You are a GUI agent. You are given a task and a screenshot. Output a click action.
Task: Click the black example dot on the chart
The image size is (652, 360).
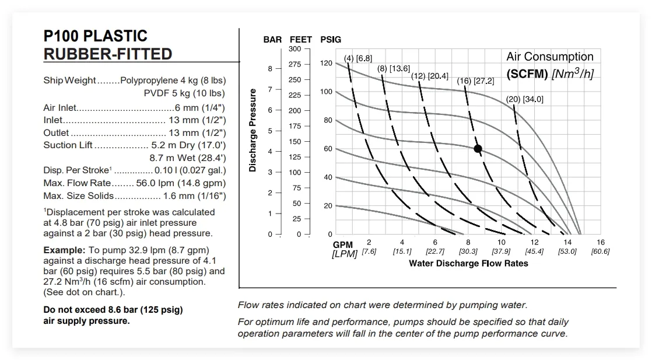point(478,149)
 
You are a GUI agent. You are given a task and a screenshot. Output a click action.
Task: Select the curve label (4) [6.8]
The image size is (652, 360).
point(357,58)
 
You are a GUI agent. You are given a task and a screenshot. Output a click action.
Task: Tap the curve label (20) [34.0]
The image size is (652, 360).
point(524,99)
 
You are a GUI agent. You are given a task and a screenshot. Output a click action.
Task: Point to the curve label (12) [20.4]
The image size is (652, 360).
point(429,76)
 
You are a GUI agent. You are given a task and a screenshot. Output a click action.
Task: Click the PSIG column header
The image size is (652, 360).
point(331,40)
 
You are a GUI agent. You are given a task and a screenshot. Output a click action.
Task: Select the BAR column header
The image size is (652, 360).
point(272,40)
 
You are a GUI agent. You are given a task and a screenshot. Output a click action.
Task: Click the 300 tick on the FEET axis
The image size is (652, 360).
point(295,49)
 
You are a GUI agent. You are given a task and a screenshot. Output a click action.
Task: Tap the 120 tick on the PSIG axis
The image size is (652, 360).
point(326,63)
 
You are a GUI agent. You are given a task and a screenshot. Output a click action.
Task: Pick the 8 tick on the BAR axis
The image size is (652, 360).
point(270,69)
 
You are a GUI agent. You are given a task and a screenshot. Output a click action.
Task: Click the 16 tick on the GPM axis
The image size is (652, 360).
point(601,242)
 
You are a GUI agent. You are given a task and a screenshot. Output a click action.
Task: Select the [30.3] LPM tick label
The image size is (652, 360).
point(468,251)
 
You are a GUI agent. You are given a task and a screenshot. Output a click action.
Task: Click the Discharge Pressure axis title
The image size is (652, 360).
point(253,130)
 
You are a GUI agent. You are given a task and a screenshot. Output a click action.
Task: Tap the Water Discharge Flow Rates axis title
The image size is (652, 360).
point(468,263)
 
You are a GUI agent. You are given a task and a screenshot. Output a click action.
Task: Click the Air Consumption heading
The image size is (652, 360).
point(549,57)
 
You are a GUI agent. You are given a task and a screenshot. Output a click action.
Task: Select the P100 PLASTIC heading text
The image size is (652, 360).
point(96,36)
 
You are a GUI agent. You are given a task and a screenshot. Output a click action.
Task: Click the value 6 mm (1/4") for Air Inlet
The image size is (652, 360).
point(200,108)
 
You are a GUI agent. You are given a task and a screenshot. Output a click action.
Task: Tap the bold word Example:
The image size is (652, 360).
point(64,250)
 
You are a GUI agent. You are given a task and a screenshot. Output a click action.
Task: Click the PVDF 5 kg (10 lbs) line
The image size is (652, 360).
point(184,93)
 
